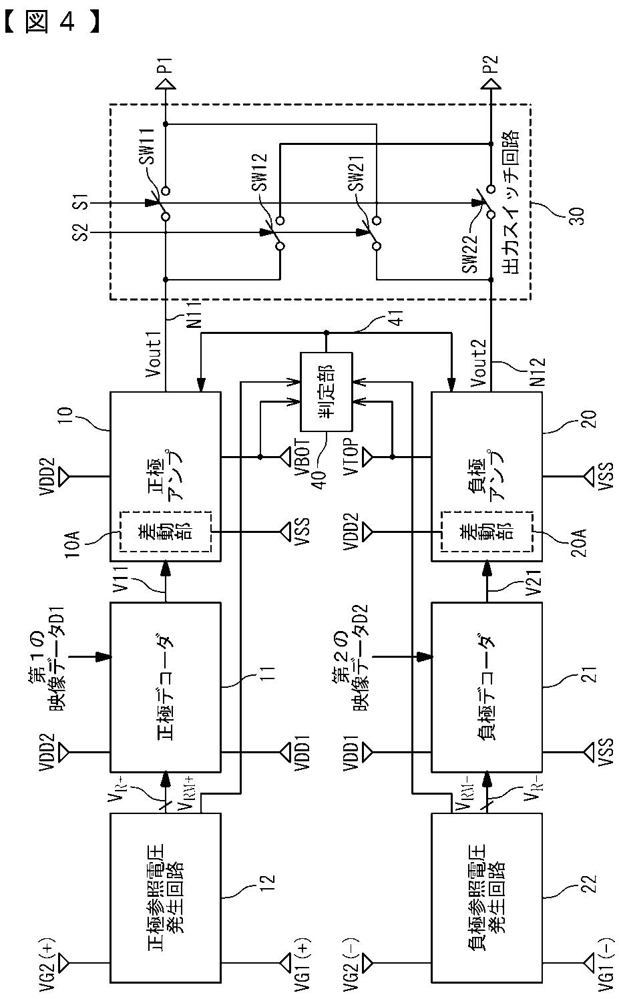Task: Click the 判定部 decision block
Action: coord(326,392)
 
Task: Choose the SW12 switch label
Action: coord(260,172)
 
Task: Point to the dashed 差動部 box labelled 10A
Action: coord(166,531)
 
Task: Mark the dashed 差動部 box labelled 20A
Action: coord(487,531)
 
